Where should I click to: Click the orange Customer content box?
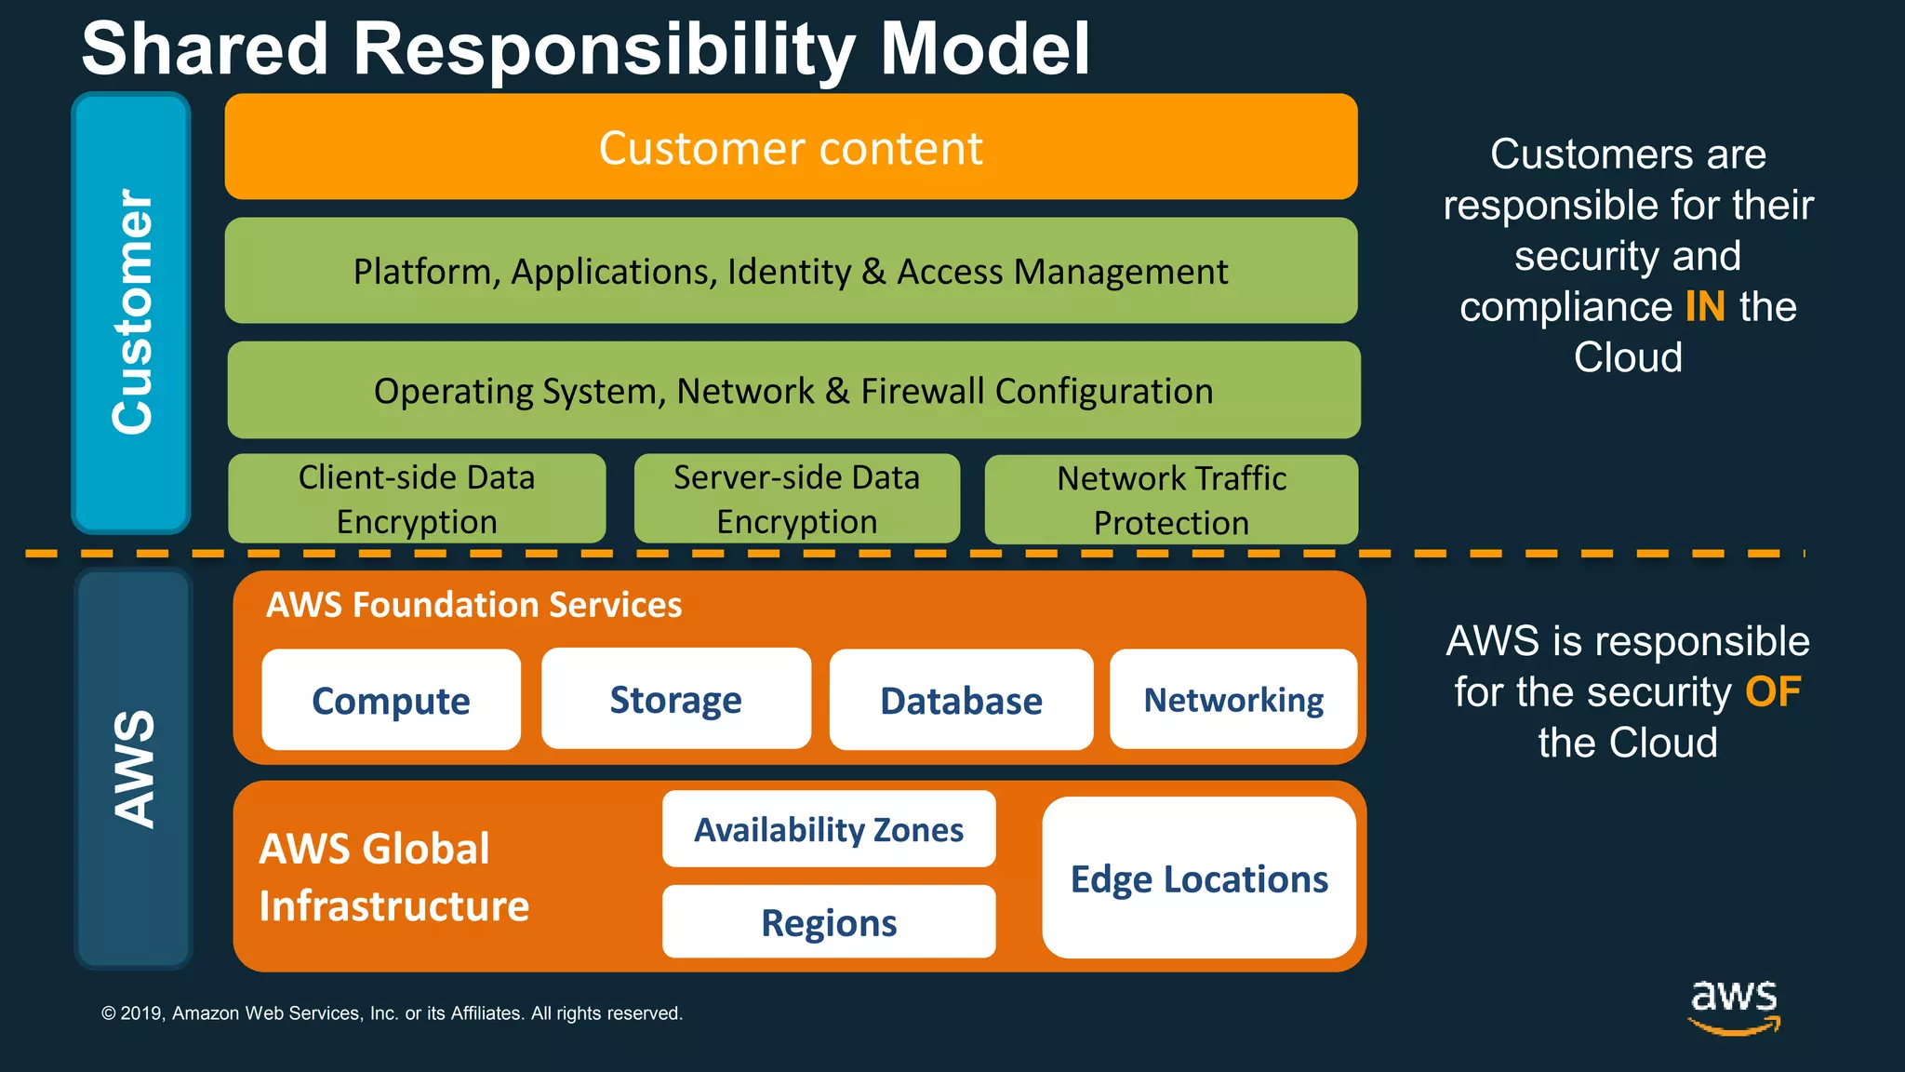pyautogui.click(x=791, y=147)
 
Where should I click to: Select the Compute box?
pyautogui.click(x=391, y=700)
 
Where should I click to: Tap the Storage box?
pyautogui.click(x=676, y=699)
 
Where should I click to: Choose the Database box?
pyautogui.click(x=961, y=700)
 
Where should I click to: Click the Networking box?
pyautogui.click(x=1233, y=699)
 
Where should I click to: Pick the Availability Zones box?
pyautogui.click(x=829, y=828)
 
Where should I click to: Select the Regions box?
pyautogui.click(x=829, y=922)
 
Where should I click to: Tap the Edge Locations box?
pyautogui.click(x=1199, y=878)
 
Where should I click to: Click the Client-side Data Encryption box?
pyautogui.click(x=417, y=499)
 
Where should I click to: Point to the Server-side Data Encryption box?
pyautogui.click(x=796, y=499)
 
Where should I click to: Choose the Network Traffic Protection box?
pyautogui.click(x=1171, y=500)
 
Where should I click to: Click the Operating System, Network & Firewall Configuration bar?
pyautogui.click(x=793, y=390)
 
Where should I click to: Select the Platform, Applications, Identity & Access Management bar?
pyautogui.click(x=791, y=271)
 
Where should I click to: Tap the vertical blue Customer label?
pyautogui.click(x=131, y=313)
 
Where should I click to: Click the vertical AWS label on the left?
pyautogui.click(x=133, y=769)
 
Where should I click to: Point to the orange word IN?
pyautogui.click(x=1704, y=306)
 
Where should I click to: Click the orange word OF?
pyautogui.click(x=1772, y=691)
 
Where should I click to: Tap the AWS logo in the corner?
pyautogui.click(x=1733, y=1006)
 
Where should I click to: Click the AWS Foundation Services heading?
pyautogui.click(x=473, y=605)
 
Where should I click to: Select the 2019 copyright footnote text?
pyautogui.click(x=392, y=1012)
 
